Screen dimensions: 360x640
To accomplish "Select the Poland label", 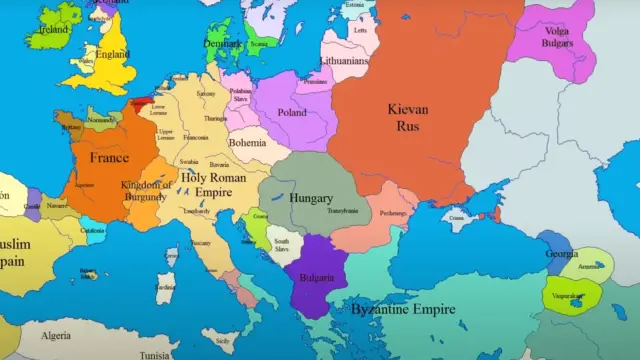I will click(x=291, y=113).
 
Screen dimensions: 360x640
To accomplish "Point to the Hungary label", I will click(x=311, y=198).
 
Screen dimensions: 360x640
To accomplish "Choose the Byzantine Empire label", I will click(x=403, y=309).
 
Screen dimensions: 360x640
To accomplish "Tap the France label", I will click(x=109, y=158).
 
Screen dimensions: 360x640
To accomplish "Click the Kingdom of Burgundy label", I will click(x=148, y=191).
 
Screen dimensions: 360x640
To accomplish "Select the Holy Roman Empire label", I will click(x=214, y=183).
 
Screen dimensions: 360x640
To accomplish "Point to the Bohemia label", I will click(x=247, y=143).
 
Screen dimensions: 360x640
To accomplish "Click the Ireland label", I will click(x=52, y=30).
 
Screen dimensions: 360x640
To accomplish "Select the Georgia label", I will click(x=562, y=254).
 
